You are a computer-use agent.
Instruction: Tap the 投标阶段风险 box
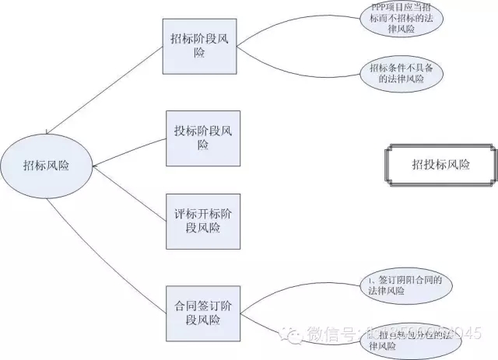pyautogui.click(x=203, y=138)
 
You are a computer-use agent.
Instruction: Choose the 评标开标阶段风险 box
pyautogui.click(x=203, y=221)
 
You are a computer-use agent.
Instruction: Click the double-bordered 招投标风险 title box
pyautogui.click(x=440, y=164)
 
